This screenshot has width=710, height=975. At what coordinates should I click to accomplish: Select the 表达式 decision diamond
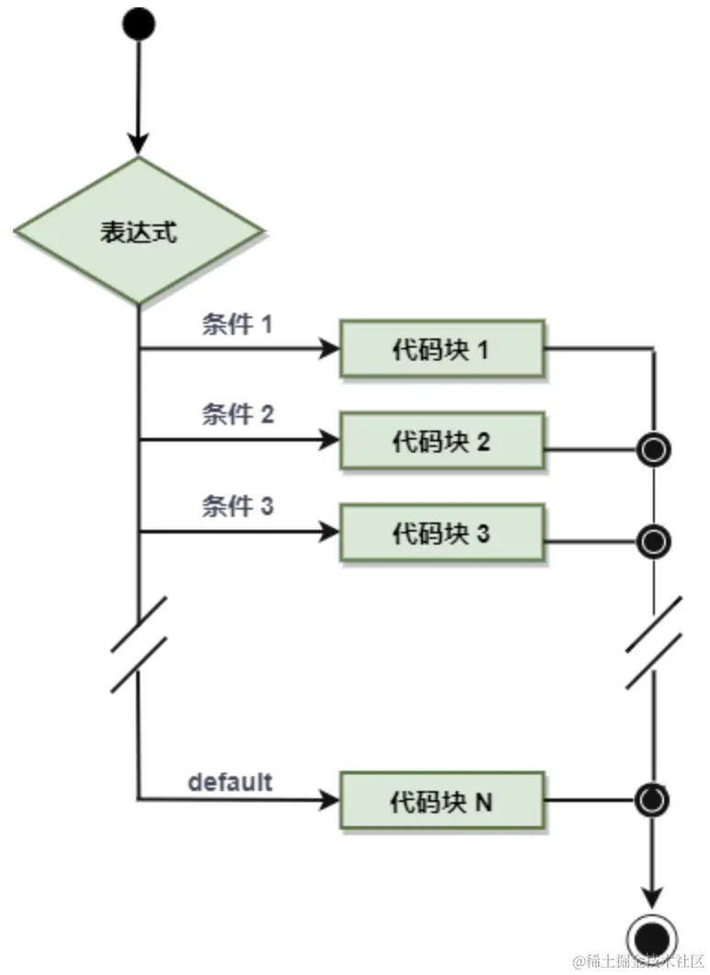tap(139, 231)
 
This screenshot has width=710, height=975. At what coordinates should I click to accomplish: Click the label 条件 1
tap(237, 325)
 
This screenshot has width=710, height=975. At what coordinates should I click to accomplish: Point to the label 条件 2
tap(237, 414)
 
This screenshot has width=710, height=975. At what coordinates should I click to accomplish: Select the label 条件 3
tap(237, 505)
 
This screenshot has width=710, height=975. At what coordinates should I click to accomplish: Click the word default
tap(230, 782)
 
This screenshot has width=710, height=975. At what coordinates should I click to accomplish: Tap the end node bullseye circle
tap(653, 937)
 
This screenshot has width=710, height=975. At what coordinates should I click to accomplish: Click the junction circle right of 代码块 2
tap(653, 450)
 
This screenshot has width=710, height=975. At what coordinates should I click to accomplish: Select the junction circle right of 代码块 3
tap(653, 539)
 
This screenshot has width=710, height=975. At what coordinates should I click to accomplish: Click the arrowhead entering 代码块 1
tap(329, 350)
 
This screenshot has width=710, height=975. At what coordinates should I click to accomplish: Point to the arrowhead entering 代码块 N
tap(329, 801)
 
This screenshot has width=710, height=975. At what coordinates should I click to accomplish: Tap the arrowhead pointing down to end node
tap(653, 895)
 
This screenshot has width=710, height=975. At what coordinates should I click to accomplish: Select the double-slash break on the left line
tap(139, 644)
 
